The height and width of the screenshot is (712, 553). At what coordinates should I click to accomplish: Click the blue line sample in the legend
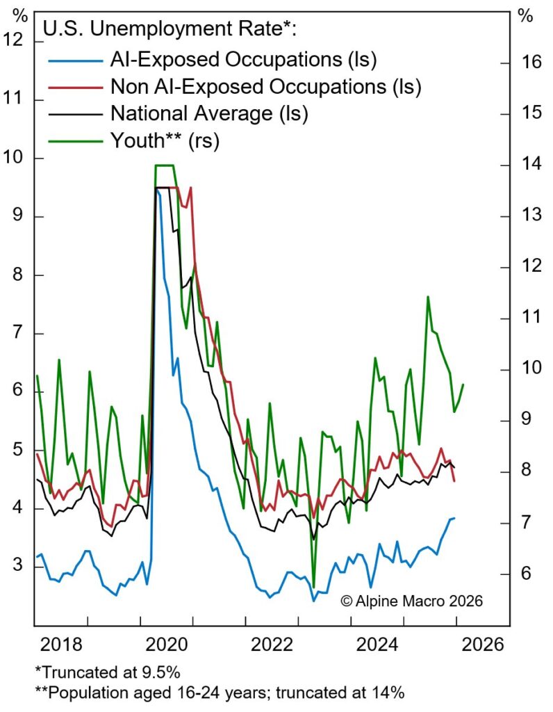pos(74,59)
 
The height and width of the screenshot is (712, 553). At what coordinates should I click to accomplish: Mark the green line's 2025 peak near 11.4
pos(427,297)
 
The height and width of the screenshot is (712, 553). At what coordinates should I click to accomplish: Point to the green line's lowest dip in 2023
pos(314,586)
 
